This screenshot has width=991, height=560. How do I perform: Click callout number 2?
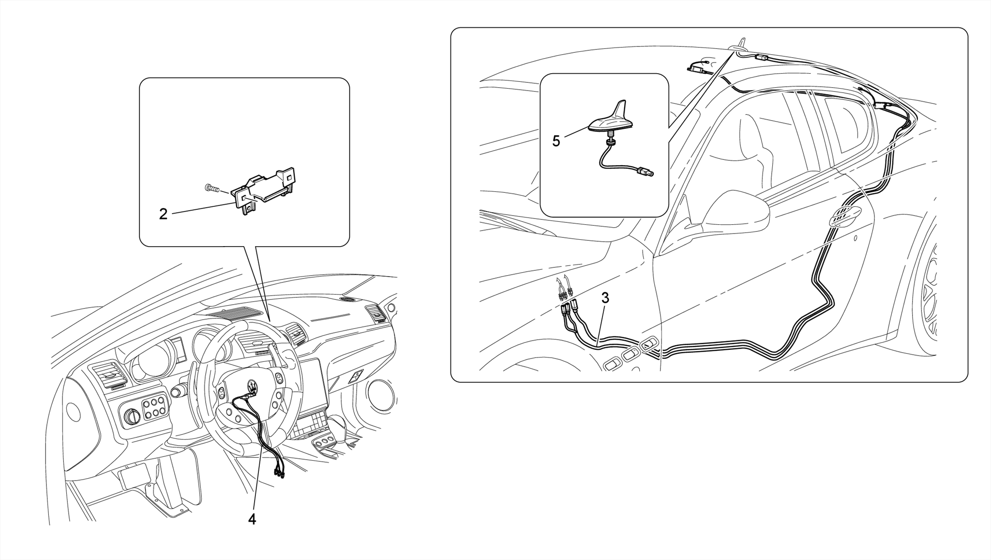point(164,214)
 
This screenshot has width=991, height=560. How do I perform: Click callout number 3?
point(605,298)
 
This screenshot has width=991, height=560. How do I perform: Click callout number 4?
point(252,519)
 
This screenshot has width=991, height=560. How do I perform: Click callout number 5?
point(556,141)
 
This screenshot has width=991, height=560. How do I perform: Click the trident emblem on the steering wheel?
point(253,385)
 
